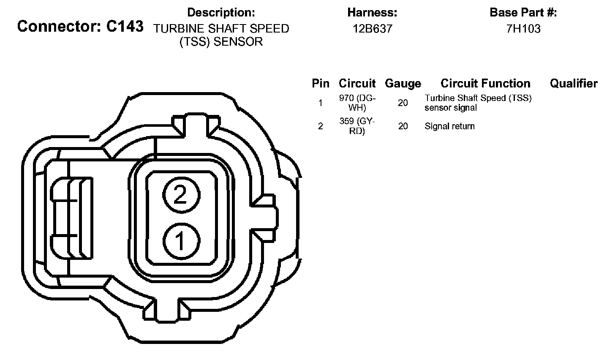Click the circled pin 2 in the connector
click(x=181, y=195)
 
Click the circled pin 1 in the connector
click(x=181, y=241)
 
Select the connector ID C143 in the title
click(x=125, y=26)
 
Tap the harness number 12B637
click(x=373, y=29)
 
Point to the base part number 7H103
click(x=523, y=29)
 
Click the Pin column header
click(x=321, y=84)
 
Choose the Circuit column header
click(x=357, y=84)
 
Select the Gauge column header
click(x=403, y=84)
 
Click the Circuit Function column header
click(x=485, y=84)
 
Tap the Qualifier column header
click(x=574, y=84)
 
